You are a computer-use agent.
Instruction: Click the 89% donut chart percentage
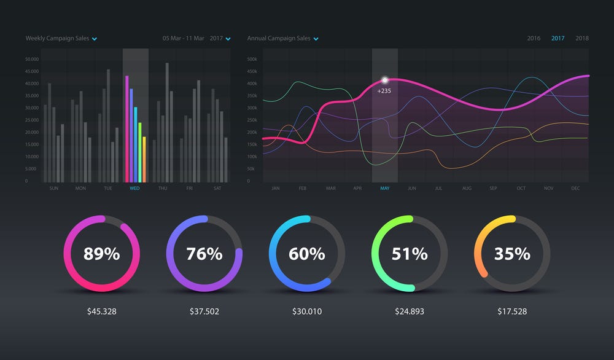click(101, 253)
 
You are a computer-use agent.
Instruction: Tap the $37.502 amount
click(204, 311)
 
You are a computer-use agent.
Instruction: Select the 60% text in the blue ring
click(307, 253)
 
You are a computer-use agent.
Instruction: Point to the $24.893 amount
click(410, 311)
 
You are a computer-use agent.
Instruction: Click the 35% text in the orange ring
click(512, 253)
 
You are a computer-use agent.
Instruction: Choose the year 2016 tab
click(534, 38)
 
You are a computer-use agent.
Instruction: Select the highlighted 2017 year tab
click(558, 38)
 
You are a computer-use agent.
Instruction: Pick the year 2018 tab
click(582, 38)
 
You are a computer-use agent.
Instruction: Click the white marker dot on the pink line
click(385, 80)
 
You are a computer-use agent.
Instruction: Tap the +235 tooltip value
click(384, 91)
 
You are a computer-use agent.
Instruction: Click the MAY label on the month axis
click(385, 188)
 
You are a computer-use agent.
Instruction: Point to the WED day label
click(135, 188)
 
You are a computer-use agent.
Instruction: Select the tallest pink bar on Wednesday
click(126, 129)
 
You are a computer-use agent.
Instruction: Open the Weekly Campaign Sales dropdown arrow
click(95, 39)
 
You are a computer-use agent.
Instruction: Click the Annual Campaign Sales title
click(279, 38)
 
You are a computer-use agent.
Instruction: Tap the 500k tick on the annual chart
click(252, 60)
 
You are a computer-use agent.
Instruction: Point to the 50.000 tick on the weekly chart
click(32, 60)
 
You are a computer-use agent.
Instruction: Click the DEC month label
click(575, 188)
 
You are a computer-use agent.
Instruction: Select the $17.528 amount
click(512, 311)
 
